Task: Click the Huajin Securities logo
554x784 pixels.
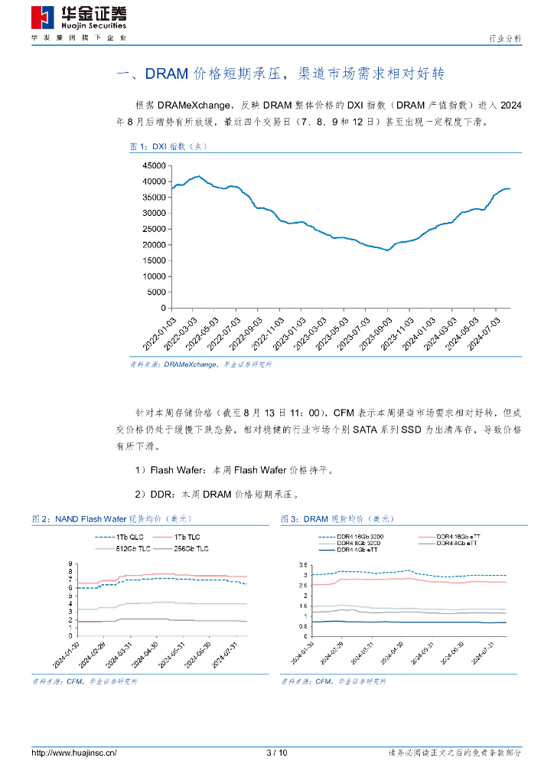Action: [79, 18]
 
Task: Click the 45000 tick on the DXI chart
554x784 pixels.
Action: [155, 165]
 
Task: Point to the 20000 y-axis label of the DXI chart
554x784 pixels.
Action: [155, 245]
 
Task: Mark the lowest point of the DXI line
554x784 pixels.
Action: [387, 250]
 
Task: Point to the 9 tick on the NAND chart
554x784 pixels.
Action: [71, 564]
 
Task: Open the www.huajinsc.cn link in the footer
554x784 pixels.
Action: [73, 753]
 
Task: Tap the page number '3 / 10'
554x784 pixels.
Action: [277, 753]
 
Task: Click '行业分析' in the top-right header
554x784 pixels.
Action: [504, 38]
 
